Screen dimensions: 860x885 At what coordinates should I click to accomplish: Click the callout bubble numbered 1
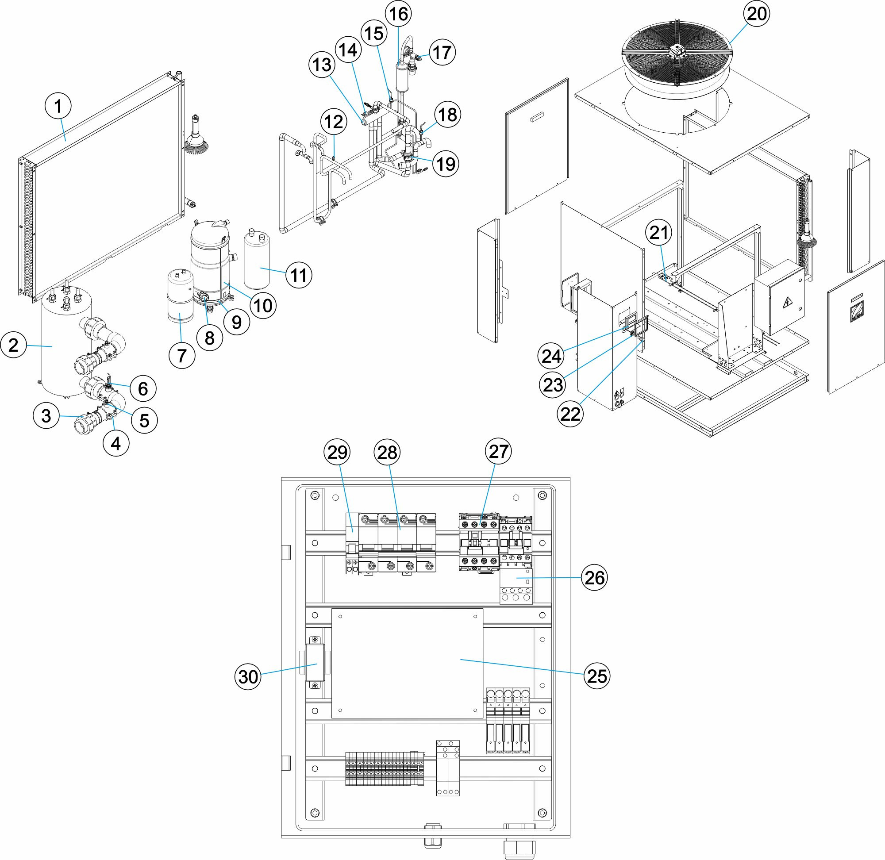point(58,107)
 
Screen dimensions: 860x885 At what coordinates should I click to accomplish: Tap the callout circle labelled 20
point(757,14)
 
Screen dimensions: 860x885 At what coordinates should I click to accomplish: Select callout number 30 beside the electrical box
point(248,676)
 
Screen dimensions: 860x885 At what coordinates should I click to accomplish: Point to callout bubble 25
point(596,676)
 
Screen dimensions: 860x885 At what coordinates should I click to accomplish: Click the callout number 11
point(299,274)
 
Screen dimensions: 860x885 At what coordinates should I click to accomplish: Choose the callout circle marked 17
point(442,52)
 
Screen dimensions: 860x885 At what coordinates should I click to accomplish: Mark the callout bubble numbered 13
point(322,65)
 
